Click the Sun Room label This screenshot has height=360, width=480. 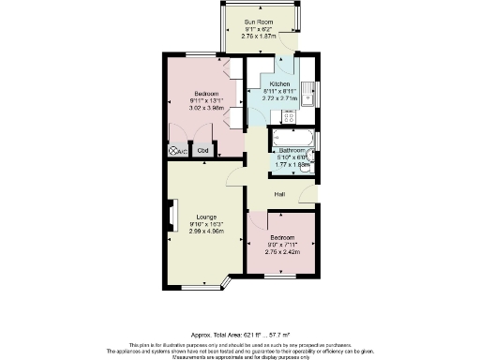259,21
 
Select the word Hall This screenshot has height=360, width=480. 279,194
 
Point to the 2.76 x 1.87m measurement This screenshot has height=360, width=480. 259,36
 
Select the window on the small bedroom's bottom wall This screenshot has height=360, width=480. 279,277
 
